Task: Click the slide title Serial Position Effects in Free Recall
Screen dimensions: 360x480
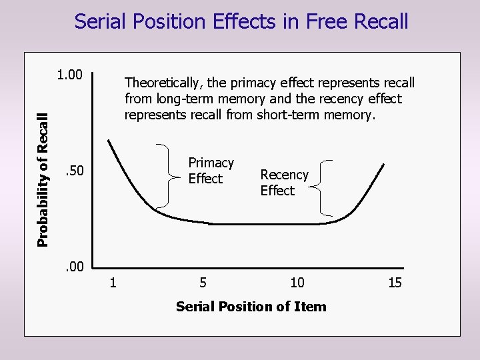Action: coord(241,21)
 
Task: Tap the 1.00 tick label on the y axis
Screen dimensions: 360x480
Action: coord(69,75)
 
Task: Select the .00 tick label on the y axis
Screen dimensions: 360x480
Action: coord(73,268)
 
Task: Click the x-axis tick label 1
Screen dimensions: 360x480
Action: coord(113,283)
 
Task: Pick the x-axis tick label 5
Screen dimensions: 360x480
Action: coord(203,283)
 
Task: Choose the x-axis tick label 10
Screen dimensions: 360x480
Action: coord(297,283)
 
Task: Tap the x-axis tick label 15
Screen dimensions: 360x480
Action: coord(395,283)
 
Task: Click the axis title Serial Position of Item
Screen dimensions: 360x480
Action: coord(251,307)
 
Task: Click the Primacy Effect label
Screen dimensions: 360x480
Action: coord(211,171)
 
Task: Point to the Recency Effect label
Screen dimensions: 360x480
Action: coord(284,183)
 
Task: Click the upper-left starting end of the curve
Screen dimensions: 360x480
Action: coord(109,141)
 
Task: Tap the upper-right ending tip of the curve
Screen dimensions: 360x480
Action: coord(384,164)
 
